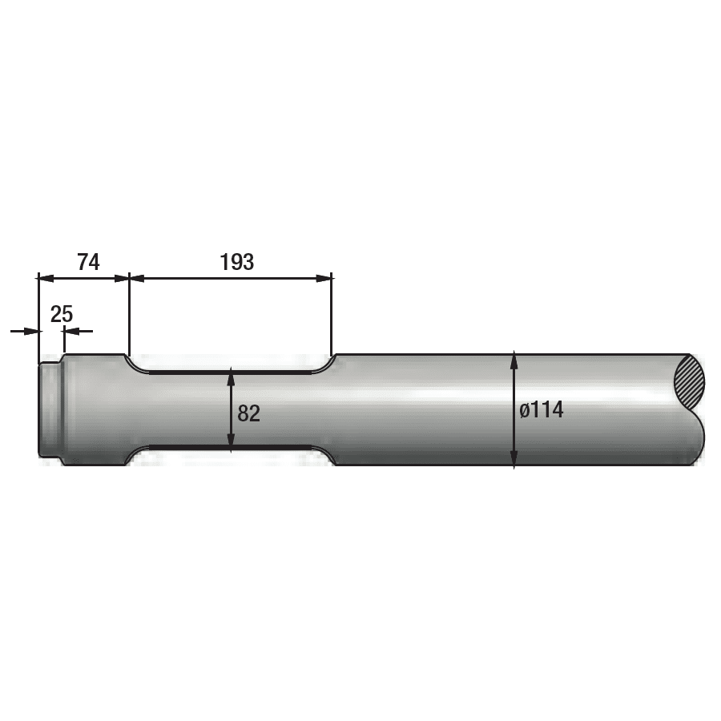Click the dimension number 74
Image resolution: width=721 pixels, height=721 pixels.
(88, 262)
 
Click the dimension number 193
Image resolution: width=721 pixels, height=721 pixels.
(237, 262)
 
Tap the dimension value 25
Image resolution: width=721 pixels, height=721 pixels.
(62, 315)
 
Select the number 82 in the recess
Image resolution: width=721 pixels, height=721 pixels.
(249, 413)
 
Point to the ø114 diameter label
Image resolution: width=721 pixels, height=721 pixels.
(542, 409)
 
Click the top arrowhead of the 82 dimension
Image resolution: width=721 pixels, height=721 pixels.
(232, 377)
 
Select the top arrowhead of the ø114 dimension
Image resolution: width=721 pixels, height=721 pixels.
(514, 360)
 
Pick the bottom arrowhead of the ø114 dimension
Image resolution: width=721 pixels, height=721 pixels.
(514, 459)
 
